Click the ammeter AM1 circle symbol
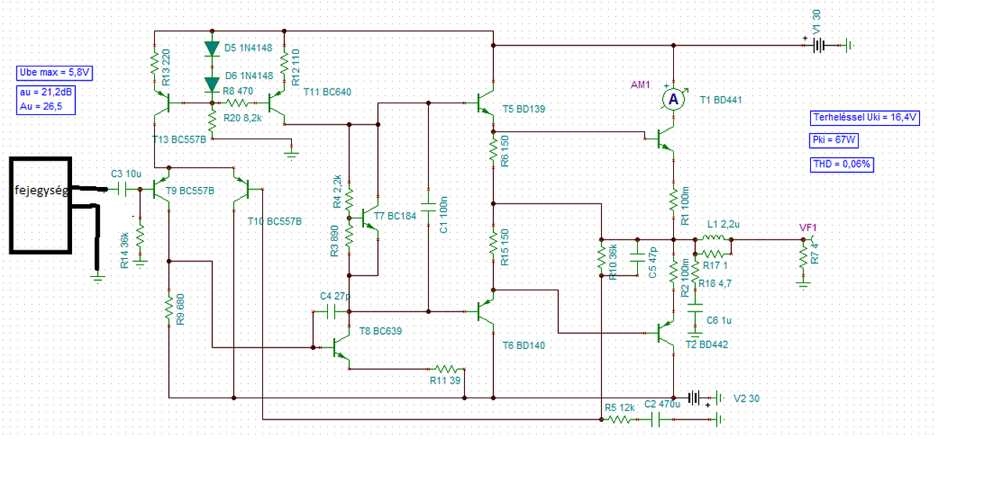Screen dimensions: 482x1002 671,99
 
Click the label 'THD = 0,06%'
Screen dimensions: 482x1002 842,164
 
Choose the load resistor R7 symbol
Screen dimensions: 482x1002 803,257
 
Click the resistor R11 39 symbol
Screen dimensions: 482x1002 447,368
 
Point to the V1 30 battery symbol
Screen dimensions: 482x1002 818,45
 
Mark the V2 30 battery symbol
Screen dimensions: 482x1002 694,397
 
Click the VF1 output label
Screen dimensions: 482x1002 808,227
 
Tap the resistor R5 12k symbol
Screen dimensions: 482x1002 620,419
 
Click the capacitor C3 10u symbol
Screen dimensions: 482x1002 121,189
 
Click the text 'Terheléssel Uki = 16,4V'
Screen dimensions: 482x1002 865,118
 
